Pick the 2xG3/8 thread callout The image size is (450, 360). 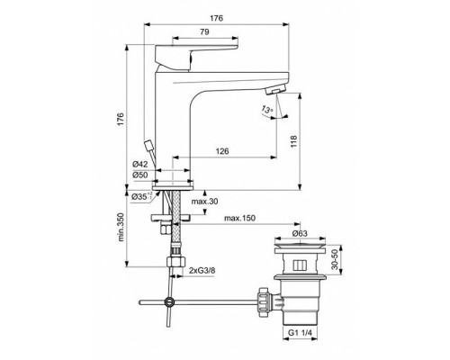coord(202,269)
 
